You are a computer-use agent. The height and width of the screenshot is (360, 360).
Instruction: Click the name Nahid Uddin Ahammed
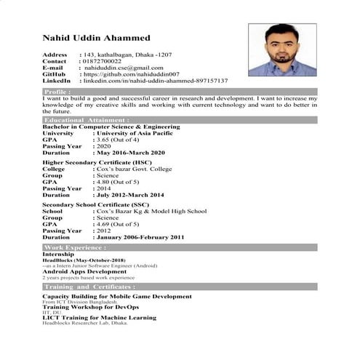click(x=96, y=38)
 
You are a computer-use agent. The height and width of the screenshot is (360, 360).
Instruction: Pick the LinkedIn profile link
click(x=156, y=81)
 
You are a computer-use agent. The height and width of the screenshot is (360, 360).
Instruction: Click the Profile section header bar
click(x=180, y=92)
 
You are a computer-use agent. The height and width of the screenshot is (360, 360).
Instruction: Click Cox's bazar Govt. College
click(x=135, y=169)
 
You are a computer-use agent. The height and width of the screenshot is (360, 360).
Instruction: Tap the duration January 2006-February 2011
click(x=140, y=237)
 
